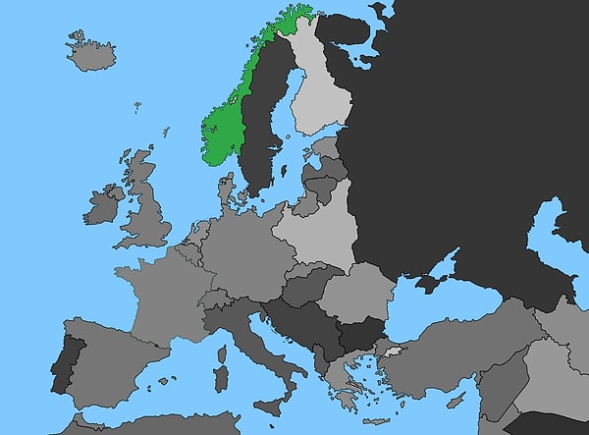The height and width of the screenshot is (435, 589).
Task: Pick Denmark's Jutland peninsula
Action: click(x=227, y=190)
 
